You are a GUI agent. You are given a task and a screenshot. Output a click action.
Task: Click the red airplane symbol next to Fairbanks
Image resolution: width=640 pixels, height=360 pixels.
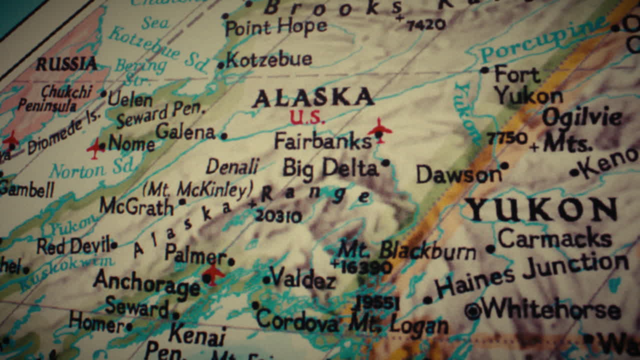coord(380,129)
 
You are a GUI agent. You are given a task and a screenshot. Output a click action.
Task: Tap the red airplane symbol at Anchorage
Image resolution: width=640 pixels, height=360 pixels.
coord(213,273)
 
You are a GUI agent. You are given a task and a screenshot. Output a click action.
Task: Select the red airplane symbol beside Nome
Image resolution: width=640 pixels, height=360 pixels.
coord(95,148)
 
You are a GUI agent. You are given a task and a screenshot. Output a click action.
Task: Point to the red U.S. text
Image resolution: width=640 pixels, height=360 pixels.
coord(307,117)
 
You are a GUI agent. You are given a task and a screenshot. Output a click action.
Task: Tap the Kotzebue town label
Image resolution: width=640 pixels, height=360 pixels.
coord(269,60)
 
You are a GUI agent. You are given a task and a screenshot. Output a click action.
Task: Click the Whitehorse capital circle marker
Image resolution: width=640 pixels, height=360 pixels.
coord(472,311)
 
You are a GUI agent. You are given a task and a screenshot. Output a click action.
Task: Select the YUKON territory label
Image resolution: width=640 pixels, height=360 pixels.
coord(541,209)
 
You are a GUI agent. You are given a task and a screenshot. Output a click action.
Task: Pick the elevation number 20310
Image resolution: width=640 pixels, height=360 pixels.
coord(278,216)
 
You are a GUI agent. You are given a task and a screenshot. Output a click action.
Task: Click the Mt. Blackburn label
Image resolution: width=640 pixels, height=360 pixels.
coord(406,249)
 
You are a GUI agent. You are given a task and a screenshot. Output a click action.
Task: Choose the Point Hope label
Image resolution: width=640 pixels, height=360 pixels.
coord(275,27)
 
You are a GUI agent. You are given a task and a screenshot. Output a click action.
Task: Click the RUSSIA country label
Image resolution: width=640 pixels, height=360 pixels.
coord(66,63)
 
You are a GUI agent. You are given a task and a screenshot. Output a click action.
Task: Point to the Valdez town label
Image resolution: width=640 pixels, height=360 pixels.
coord(302,278)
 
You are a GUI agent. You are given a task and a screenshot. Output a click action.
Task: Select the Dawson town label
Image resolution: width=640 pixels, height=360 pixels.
coord(458,174)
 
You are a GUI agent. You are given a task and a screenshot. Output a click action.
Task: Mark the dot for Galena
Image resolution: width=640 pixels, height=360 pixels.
coord(224,135)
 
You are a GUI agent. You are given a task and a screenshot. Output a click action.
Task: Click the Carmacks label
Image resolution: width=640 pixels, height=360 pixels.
coord(554,238)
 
